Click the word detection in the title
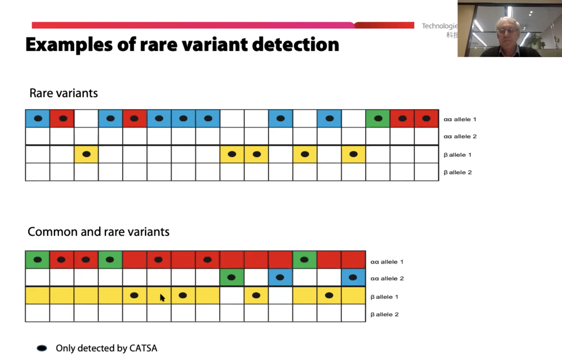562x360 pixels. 296,44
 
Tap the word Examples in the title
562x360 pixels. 69,44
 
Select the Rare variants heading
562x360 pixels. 63,93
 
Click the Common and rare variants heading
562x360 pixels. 99,232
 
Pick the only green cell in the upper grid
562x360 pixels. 378,119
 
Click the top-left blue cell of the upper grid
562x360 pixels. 38,119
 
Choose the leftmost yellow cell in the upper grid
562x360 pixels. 86,154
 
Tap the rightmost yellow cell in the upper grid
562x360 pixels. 353,154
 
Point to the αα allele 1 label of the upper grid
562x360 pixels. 460,119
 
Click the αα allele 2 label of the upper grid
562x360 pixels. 460,136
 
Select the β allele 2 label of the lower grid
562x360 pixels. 384,314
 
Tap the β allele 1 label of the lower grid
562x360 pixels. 384,297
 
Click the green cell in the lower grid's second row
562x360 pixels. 232,278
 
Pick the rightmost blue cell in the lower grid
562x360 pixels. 353,278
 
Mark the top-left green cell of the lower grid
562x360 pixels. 38,260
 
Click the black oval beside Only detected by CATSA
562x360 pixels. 42,348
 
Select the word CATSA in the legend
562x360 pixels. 143,348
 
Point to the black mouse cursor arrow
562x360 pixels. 162,298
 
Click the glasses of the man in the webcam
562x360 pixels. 507,31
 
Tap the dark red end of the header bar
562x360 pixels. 384,25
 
